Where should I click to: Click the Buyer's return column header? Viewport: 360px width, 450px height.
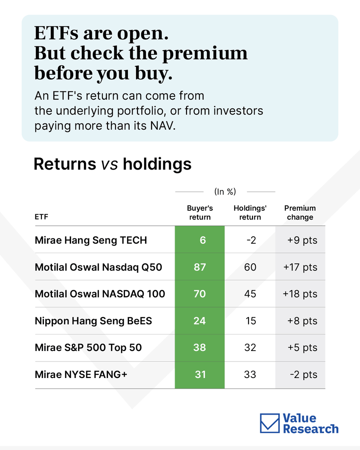click(200, 213)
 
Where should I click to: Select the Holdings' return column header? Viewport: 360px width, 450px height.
click(250, 213)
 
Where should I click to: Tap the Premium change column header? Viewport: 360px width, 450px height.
click(300, 213)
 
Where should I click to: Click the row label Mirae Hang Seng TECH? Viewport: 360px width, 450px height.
click(91, 240)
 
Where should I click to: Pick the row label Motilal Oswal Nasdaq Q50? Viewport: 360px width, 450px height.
click(98, 267)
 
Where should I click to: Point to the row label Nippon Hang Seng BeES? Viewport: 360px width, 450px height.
click(93, 321)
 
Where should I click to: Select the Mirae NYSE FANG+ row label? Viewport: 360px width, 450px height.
click(81, 375)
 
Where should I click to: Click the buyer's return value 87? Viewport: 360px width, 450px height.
click(200, 267)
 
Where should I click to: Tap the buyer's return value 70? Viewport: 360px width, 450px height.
click(200, 294)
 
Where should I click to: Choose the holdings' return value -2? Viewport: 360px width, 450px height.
click(251, 240)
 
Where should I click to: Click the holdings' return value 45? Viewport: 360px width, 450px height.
click(250, 294)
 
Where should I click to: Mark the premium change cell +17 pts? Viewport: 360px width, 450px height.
click(300, 267)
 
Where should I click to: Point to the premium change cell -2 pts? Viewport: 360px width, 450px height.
click(303, 375)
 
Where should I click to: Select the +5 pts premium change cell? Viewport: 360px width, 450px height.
click(303, 348)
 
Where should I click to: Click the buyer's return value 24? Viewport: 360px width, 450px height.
click(200, 321)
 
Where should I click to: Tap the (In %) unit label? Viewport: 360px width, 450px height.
click(225, 192)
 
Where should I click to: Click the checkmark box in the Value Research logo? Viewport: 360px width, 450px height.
click(270, 423)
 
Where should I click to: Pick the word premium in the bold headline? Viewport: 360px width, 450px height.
click(205, 54)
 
